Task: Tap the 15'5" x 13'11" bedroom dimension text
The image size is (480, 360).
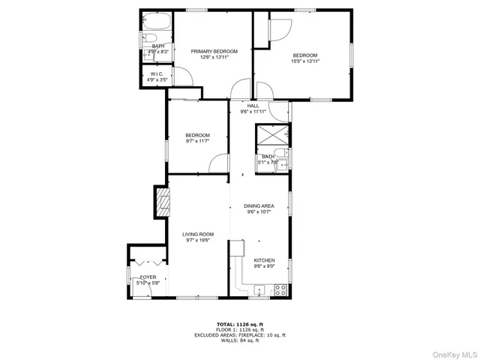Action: (x=305, y=61)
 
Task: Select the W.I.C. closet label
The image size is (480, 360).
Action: (x=156, y=73)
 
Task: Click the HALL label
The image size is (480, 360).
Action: (x=253, y=106)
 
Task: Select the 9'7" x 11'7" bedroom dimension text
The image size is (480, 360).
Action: (x=197, y=141)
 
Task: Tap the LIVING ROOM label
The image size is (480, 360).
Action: (x=198, y=234)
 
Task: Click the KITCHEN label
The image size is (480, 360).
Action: (x=264, y=260)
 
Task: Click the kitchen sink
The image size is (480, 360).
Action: (x=259, y=289)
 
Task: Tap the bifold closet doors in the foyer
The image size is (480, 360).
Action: (x=142, y=264)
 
